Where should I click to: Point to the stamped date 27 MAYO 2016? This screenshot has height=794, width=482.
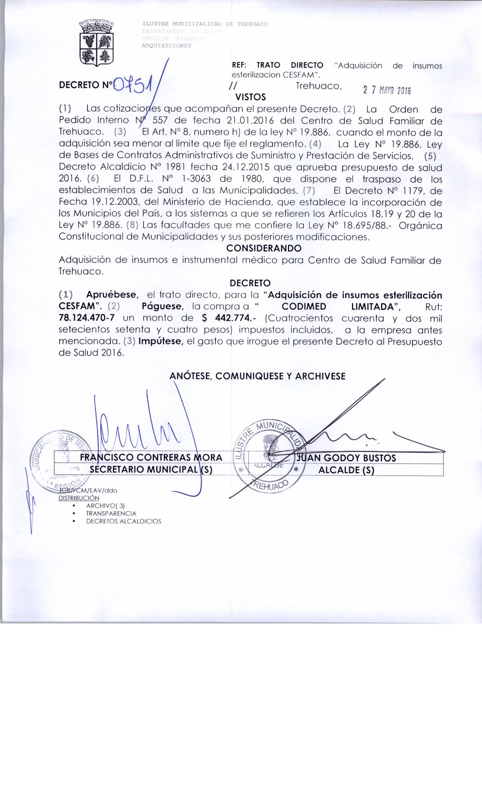pos(386,91)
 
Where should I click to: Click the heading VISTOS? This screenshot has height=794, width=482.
pos(250,97)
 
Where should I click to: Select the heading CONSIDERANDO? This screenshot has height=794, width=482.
pos(263,248)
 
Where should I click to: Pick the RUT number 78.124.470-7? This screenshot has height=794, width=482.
pos(87,318)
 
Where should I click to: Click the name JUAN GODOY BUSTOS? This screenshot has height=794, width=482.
pos(347,458)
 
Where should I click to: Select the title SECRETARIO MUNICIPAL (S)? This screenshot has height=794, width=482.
pos(150,470)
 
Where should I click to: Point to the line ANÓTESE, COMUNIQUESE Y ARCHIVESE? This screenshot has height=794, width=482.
pos(257,376)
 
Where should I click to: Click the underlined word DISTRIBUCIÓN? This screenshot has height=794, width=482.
pos(79,498)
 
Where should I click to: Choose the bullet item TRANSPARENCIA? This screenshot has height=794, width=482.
pos(111,513)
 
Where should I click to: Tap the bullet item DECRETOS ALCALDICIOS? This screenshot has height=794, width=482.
pos(124,521)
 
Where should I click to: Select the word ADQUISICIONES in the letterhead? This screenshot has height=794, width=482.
pos(166,46)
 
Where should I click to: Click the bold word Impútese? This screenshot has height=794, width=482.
pos(161,341)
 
